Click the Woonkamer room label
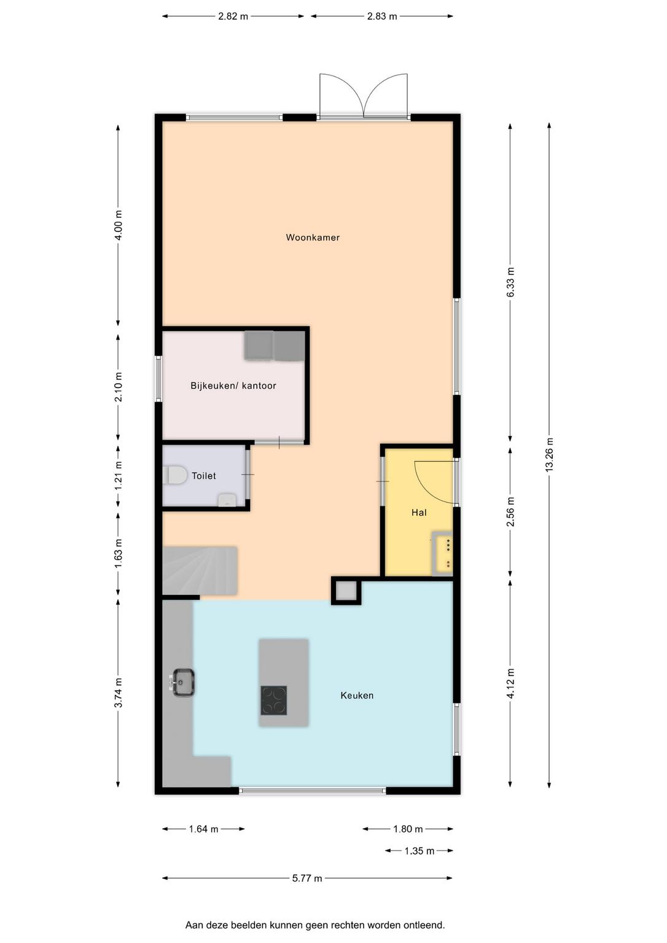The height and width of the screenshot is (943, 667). pyautogui.click(x=313, y=238)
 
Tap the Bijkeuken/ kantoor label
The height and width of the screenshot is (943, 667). pyautogui.click(x=233, y=386)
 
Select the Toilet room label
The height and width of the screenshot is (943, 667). pyautogui.click(x=204, y=476)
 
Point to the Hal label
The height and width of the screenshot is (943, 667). pyautogui.click(x=419, y=513)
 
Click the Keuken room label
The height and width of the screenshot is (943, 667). pyautogui.click(x=357, y=696)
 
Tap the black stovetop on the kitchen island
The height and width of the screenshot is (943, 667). pyautogui.click(x=274, y=700)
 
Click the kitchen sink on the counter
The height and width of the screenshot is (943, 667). pyautogui.click(x=183, y=682)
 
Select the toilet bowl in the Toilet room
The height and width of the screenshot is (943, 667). pyautogui.click(x=175, y=475)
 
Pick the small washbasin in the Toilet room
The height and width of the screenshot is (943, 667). pyautogui.click(x=227, y=500)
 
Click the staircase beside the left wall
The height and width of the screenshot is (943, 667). pyautogui.click(x=200, y=570)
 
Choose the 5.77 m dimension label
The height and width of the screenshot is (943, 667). pyautogui.click(x=307, y=878)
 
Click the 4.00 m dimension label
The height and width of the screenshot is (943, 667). pyautogui.click(x=119, y=225)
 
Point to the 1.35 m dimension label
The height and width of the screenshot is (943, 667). pyautogui.click(x=419, y=852)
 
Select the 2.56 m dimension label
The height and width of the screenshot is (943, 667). pyautogui.click(x=510, y=511)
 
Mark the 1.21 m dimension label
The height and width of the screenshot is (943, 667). pyautogui.click(x=119, y=476)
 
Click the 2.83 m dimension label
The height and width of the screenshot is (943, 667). pyautogui.click(x=382, y=17)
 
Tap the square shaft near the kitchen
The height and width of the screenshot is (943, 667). pyautogui.click(x=346, y=591)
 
